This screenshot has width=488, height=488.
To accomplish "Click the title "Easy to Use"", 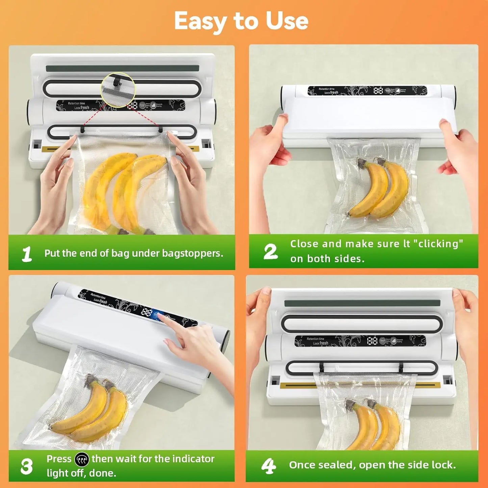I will [x=241, y=21].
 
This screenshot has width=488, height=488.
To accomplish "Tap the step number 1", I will [x=27, y=254].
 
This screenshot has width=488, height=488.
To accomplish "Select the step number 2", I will [x=270, y=252].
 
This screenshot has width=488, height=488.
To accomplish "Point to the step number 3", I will [x=26, y=466].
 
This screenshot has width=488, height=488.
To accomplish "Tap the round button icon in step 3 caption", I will [x=81, y=459].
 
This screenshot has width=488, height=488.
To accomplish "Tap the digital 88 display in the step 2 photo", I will [x=378, y=91].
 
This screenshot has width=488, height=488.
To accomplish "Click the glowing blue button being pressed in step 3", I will [x=156, y=315].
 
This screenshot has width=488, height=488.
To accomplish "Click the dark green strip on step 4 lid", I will [x=362, y=303].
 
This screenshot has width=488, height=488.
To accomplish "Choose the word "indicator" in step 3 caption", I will [x=193, y=459].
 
